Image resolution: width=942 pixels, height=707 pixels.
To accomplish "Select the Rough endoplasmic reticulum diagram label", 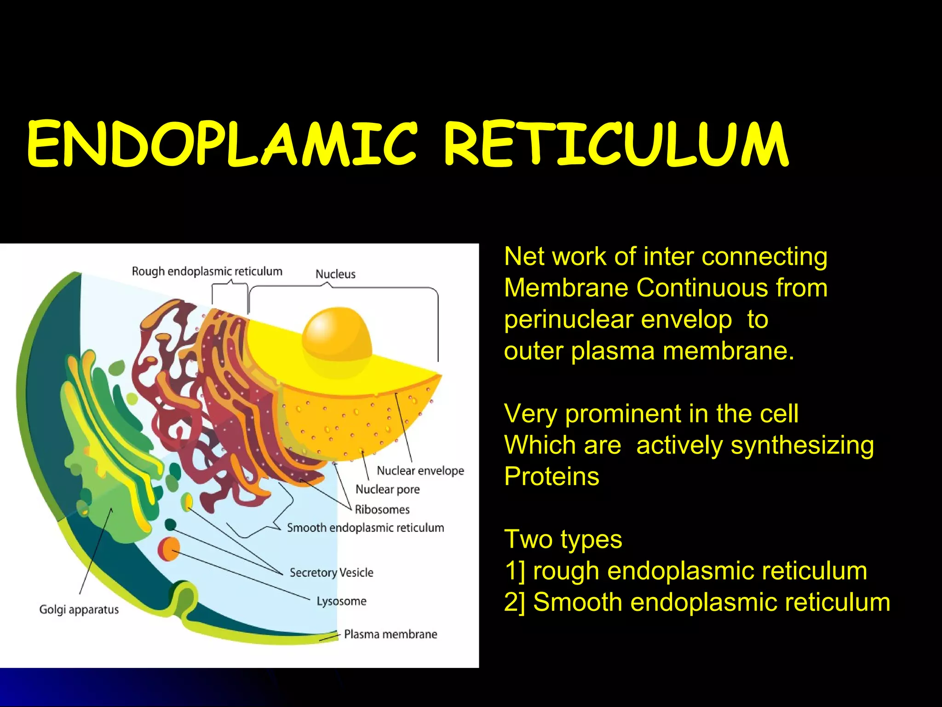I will click(x=207, y=272).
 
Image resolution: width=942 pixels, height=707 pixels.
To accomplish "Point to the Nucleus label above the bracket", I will click(x=335, y=274).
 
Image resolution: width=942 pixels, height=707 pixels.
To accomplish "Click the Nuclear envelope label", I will click(x=420, y=471).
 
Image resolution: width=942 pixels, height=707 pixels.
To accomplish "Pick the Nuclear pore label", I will click(x=388, y=489).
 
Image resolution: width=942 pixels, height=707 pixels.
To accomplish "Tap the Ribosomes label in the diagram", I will click(x=382, y=510).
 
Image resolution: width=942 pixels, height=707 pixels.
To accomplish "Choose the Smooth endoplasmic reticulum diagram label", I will click(x=366, y=528).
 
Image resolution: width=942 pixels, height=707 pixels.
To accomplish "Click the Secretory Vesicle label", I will click(x=332, y=573).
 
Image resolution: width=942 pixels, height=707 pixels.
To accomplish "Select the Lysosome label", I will click(x=341, y=601).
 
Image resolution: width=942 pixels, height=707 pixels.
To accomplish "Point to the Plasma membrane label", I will click(x=391, y=634).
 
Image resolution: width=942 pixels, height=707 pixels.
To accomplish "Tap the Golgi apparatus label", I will click(x=79, y=609).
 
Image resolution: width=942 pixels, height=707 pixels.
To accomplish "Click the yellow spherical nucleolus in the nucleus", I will click(x=337, y=336).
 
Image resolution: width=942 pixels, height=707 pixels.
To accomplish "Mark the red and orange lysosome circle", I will click(x=169, y=549).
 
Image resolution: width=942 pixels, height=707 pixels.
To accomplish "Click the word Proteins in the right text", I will click(x=551, y=476).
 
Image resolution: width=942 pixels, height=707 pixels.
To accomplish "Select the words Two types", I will click(x=563, y=539).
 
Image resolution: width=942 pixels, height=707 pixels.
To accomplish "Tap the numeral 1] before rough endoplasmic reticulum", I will click(x=515, y=571).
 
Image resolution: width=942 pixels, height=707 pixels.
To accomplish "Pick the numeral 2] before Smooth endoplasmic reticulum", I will click(x=515, y=603).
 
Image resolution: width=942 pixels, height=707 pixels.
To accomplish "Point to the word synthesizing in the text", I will click(x=802, y=446).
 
